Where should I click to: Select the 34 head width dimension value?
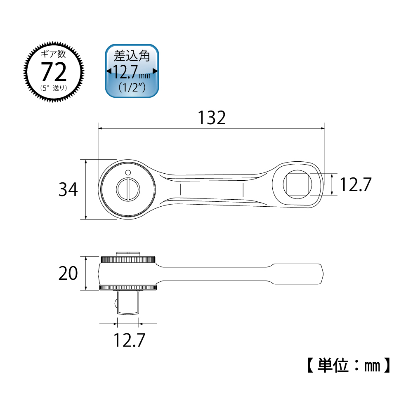tap(68, 189)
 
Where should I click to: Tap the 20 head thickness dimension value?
tap(68, 273)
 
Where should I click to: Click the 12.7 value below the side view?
tap(129, 340)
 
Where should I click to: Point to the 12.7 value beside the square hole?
tap(356, 184)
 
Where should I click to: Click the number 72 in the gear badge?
tap(54, 72)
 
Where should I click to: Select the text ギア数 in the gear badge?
tap(54, 54)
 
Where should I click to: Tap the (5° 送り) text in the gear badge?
tap(54, 88)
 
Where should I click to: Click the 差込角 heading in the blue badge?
tap(132, 56)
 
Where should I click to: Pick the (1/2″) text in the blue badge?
tap(132, 87)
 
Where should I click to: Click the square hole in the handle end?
tap(297, 184)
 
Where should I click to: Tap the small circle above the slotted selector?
tap(128, 173)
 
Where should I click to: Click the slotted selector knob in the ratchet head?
tap(128, 189)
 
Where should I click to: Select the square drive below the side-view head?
tap(128, 302)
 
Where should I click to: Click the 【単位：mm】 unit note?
tap(349, 366)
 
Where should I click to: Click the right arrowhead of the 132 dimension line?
tap(323, 129)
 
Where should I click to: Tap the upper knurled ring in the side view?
tap(128, 260)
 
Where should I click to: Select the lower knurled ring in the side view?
tap(128, 287)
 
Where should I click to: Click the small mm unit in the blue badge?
tap(144, 76)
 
